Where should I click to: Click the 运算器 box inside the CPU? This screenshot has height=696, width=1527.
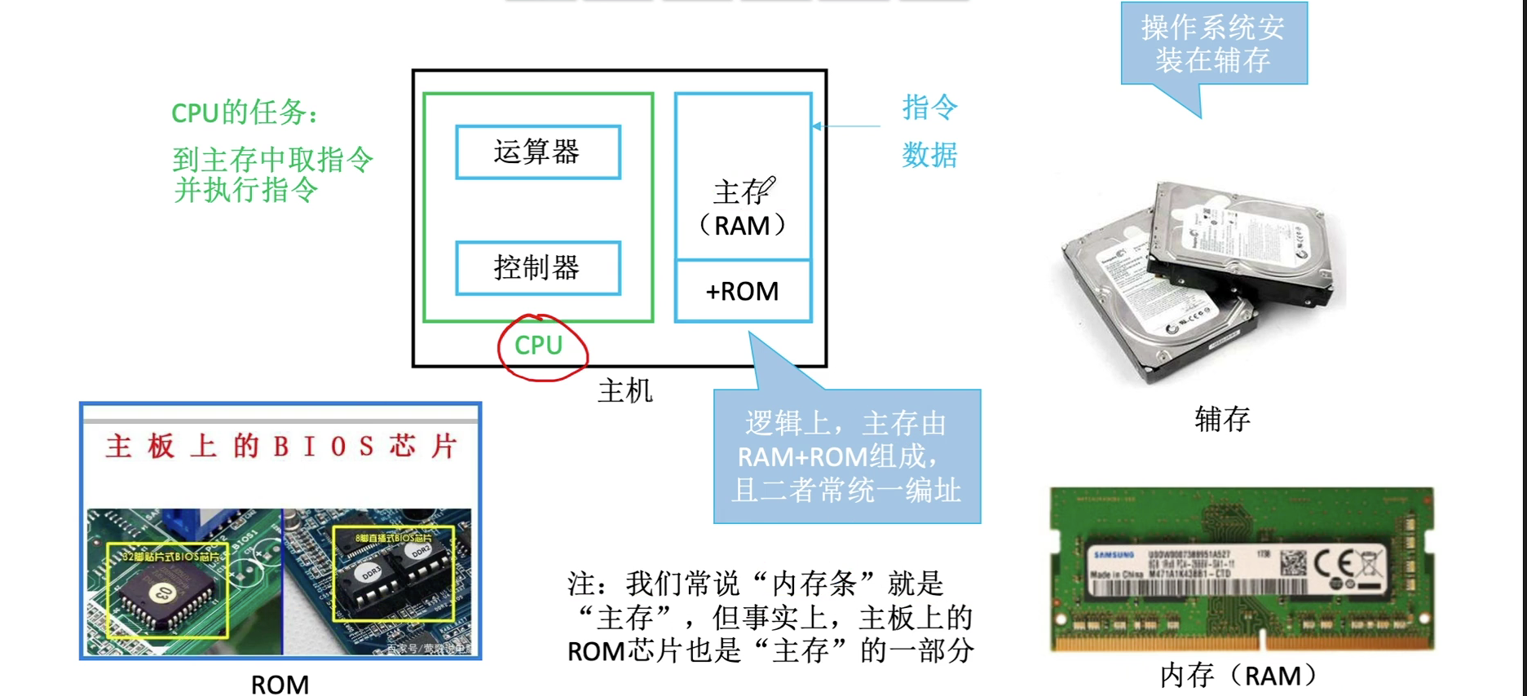tap(538, 152)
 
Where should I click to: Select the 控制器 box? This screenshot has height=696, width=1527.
tap(538, 268)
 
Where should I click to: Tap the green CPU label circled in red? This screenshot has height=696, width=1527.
tap(539, 346)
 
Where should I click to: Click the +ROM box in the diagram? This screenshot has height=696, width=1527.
tap(743, 292)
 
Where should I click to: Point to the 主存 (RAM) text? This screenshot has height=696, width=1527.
tap(742, 209)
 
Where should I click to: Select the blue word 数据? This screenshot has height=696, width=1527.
tap(929, 155)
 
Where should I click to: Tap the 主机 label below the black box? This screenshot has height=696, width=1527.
tap(625, 391)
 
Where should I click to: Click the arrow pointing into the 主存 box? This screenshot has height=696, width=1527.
tap(844, 126)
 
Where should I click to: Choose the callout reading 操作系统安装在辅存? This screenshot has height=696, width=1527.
tap(1213, 44)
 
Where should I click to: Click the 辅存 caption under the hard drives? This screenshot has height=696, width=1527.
tap(1222, 419)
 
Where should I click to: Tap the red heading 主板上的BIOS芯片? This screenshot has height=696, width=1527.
tap(280, 447)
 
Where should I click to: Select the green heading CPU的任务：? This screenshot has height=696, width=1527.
tap(244, 112)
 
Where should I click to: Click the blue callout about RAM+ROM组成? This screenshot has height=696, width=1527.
tap(847, 456)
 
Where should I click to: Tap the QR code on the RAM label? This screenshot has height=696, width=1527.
tap(1293, 562)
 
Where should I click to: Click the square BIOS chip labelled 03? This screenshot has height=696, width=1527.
tap(165, 593)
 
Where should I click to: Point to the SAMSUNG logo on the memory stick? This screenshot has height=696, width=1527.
tap(1114, 555)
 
